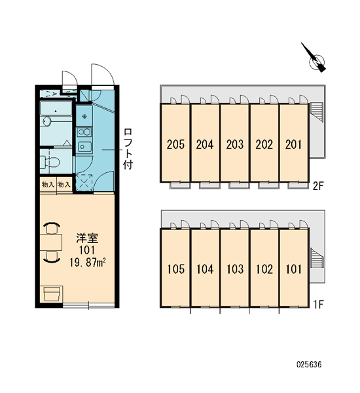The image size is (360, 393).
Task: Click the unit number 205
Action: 175,144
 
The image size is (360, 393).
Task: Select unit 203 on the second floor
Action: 235,142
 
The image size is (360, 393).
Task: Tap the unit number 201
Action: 294,144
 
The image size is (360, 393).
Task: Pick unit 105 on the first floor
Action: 175,267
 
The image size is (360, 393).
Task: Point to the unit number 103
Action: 235,269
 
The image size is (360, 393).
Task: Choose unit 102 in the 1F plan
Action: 264,267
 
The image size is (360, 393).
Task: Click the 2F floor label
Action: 318,186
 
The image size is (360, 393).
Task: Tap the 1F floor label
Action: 319,305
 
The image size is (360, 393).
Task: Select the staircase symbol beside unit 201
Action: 317,112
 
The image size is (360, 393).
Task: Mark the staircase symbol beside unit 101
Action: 317,257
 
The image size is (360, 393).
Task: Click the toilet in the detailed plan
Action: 50,162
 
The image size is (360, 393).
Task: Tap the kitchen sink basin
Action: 84,146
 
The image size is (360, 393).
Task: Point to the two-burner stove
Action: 84,132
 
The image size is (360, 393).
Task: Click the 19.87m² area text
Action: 87,263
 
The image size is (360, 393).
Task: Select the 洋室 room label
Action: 87,238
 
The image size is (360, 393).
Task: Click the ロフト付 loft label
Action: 128,149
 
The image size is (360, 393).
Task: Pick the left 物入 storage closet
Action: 48,185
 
